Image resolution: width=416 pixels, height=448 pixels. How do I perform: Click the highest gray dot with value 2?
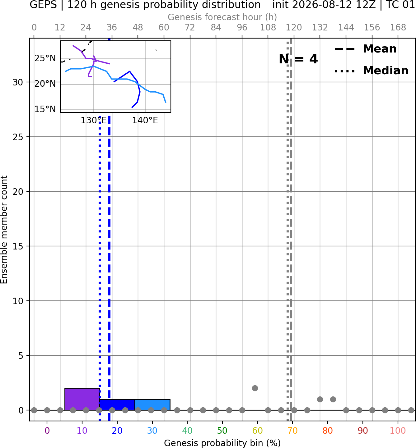[255, 388]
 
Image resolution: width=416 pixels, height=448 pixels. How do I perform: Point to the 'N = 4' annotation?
[298, 59]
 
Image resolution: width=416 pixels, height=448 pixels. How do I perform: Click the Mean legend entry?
[365, 49]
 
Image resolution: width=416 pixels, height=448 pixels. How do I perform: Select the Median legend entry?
[371, 71]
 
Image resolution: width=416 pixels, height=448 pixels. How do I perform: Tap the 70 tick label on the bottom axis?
[292, 431]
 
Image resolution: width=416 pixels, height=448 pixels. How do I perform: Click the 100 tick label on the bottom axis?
[398, 431]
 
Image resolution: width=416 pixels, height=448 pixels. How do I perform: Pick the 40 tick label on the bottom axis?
[187, 431]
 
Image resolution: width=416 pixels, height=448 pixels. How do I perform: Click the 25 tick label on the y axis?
[18, 137]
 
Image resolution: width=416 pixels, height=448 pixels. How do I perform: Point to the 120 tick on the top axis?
[294, 28]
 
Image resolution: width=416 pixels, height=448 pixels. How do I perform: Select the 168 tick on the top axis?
[398, 28]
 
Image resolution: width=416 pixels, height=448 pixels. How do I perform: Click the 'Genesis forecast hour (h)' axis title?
[222, 17]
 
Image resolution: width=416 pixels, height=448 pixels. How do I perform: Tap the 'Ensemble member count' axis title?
[4, 230]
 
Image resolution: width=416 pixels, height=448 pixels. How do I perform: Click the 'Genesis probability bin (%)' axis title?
[222, 443]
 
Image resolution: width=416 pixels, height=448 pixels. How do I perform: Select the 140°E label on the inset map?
[145, 121]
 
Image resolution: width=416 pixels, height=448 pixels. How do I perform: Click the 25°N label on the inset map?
[45, 58]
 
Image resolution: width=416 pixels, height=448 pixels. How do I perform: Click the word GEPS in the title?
[43, 5]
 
